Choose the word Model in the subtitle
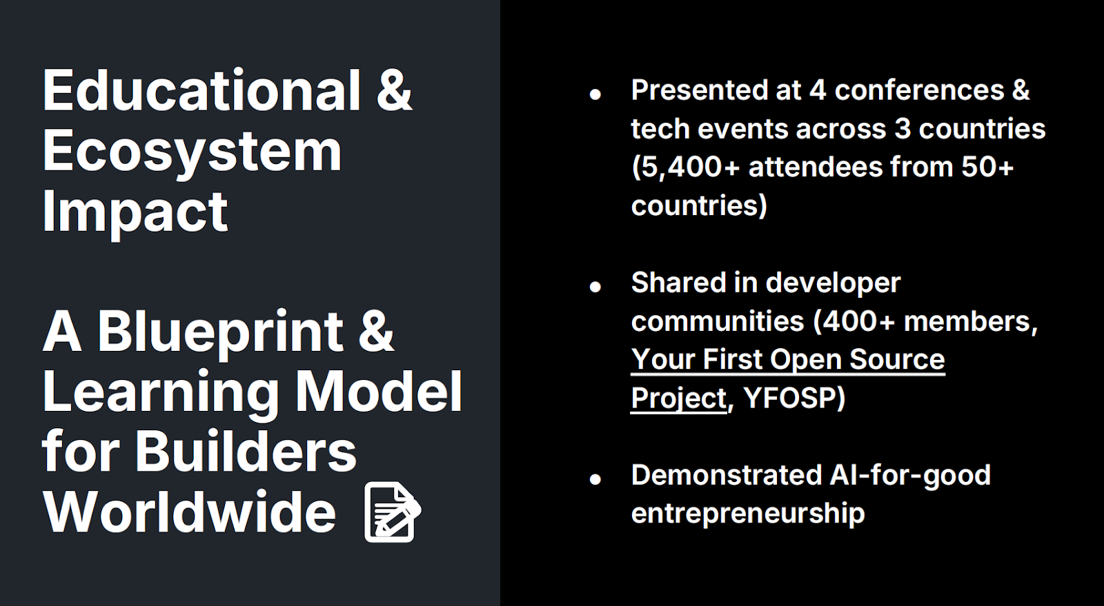379,392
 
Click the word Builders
246,452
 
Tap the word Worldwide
189,512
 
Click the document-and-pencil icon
393,512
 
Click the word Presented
699,90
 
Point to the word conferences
919,90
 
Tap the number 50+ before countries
987,167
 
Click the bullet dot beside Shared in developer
595,287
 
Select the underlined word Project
679,398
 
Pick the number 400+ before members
858,321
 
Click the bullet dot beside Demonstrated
595,479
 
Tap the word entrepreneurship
748,514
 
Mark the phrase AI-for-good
910,476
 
